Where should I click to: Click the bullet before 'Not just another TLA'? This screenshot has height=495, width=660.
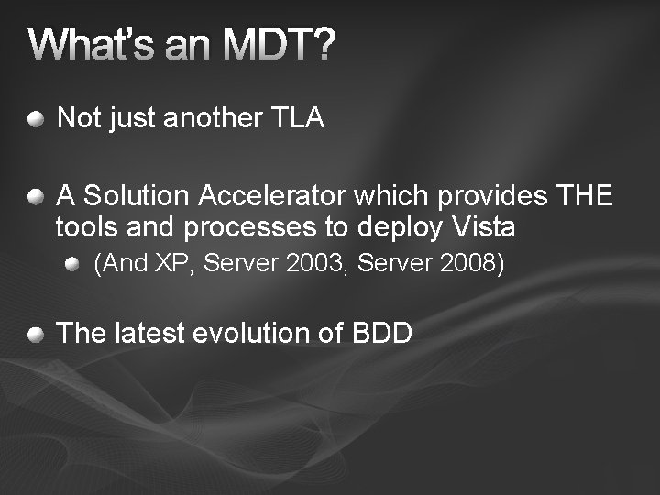35,118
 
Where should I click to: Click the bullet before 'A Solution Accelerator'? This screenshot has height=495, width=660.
35,195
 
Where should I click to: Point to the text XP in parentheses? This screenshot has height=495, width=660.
170,265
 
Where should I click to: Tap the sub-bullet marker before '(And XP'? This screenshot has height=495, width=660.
72,264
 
